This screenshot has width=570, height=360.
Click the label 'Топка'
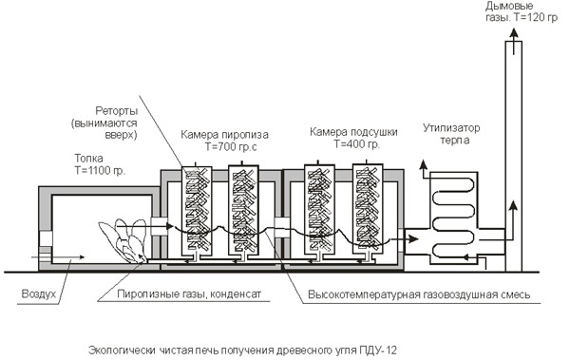88,159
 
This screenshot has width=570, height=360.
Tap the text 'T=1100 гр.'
100,171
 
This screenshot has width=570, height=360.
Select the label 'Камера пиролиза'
224,135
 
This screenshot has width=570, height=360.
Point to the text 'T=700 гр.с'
231,147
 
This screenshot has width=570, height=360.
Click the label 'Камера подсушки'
353,132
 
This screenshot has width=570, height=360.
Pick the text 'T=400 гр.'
356,144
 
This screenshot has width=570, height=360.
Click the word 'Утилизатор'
451,128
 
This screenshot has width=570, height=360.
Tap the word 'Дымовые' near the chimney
509,7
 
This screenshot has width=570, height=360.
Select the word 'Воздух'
39,294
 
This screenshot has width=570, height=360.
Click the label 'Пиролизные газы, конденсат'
189,294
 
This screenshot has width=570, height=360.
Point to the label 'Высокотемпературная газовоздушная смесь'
419,294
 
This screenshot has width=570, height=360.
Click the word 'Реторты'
116,111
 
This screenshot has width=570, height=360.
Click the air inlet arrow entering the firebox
58,257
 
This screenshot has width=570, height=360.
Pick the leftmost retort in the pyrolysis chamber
197,211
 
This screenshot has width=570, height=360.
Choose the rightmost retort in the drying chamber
368,210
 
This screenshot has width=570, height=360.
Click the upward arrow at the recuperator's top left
423,169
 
